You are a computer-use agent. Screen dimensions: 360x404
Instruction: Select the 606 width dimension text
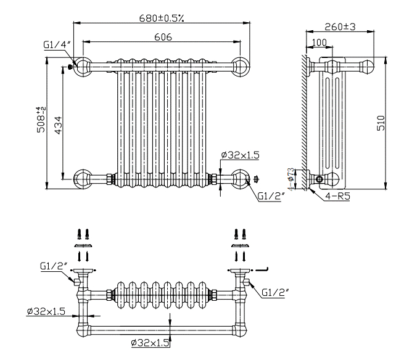163,37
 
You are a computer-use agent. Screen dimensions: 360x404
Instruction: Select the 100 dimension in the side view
320,42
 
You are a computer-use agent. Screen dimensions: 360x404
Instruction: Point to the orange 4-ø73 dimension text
289,179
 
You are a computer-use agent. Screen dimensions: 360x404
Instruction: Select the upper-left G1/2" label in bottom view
53,266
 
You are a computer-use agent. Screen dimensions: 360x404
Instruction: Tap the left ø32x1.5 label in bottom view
46,311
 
